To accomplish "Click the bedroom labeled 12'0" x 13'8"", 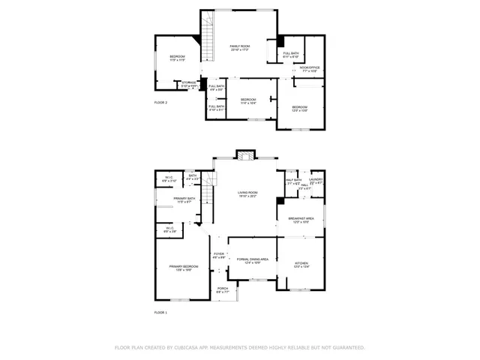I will (300, 109).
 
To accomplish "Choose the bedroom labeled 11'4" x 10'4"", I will (247, 101).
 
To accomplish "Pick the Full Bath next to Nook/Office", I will (291, 55).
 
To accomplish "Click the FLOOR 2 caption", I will (160, 102).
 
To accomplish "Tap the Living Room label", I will (247, 194).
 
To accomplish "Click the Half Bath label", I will (293, 181).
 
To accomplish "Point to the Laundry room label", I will (315, 181).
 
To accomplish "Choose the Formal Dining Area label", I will (253, 260).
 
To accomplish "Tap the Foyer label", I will (219, 256).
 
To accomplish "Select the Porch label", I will (223, 289).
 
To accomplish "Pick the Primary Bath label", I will (184, 200).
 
